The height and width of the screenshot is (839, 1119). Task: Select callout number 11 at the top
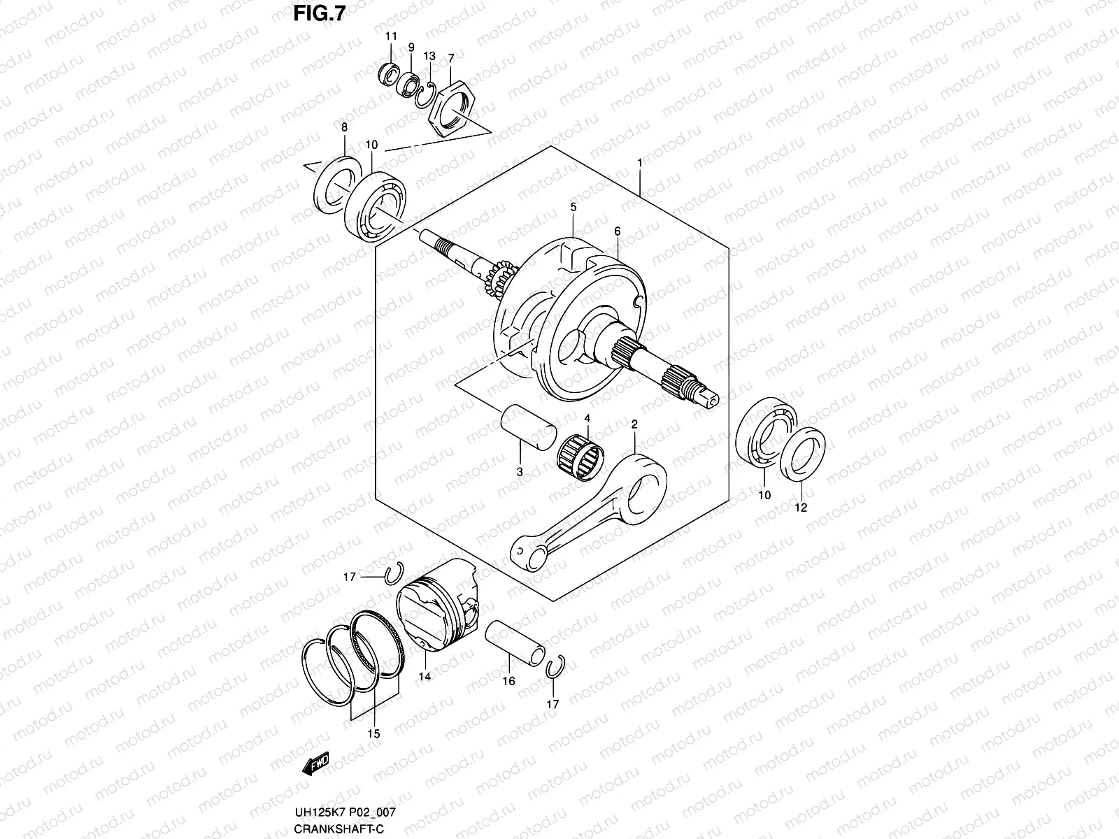point(391,36)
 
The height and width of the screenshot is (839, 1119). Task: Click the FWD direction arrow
point(316,764)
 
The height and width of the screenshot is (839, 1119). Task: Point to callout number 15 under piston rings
point(373,733)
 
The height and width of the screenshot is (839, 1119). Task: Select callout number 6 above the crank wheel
point(618,231)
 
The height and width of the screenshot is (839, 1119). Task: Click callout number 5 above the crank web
point(573,207)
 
